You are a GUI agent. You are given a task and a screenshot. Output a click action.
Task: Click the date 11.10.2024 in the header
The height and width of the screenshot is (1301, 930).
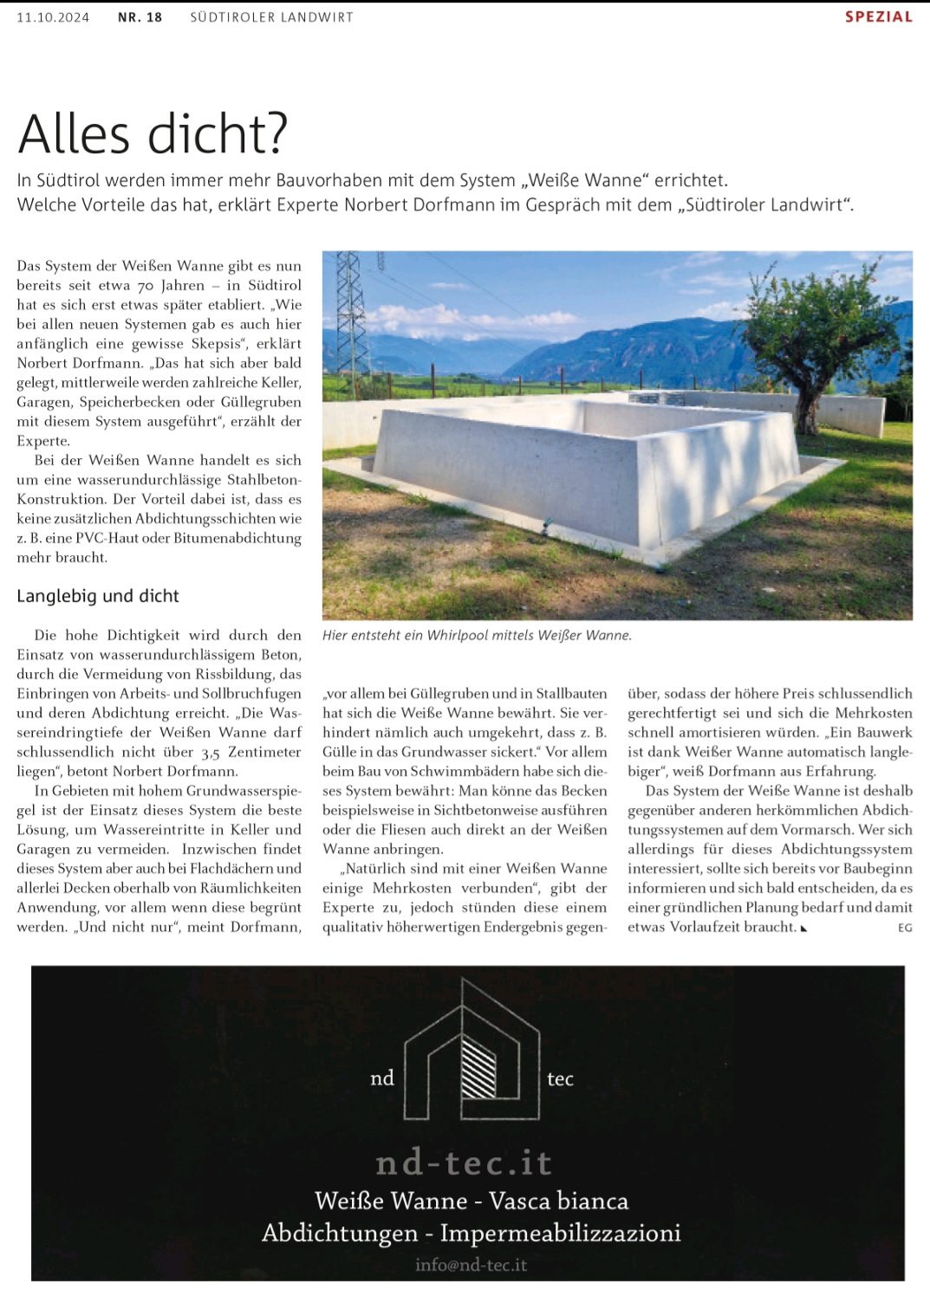[53, 17]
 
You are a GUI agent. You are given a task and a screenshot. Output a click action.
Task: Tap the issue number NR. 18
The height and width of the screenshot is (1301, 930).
[140, 17]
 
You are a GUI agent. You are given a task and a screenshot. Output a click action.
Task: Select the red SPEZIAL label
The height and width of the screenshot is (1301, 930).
[878, 16]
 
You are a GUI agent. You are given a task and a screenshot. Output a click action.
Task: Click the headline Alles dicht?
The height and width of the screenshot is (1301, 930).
[153, 134]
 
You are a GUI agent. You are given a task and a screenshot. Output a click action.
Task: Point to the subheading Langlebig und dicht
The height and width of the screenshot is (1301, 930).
[98, 596]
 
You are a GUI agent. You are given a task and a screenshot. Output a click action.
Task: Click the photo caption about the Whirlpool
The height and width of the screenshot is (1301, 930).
[477, 635]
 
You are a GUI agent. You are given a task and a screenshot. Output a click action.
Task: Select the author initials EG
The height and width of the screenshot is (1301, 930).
[905, 928]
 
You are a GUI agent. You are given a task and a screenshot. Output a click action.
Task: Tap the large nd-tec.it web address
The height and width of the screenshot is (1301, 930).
[464, 1162]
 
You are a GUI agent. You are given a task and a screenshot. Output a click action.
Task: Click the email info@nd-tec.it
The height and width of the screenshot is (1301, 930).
[471, 1265]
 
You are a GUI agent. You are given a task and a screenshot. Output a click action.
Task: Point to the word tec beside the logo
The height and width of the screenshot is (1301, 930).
[560, 1078]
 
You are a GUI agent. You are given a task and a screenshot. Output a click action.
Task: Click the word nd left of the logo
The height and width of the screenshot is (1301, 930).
[382, 1078]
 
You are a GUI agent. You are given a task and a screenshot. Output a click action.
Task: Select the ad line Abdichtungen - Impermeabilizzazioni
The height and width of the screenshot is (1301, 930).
[472, 1233]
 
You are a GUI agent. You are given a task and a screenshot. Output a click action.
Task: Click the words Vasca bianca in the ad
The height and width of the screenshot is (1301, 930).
[559, 1201]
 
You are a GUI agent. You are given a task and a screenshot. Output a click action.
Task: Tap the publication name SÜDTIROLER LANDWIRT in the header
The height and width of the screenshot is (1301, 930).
[271, 17]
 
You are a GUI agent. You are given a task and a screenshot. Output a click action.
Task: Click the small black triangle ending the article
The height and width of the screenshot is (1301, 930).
[804, 929]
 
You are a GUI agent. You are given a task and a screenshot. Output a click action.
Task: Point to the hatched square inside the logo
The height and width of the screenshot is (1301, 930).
[478, 1067]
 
